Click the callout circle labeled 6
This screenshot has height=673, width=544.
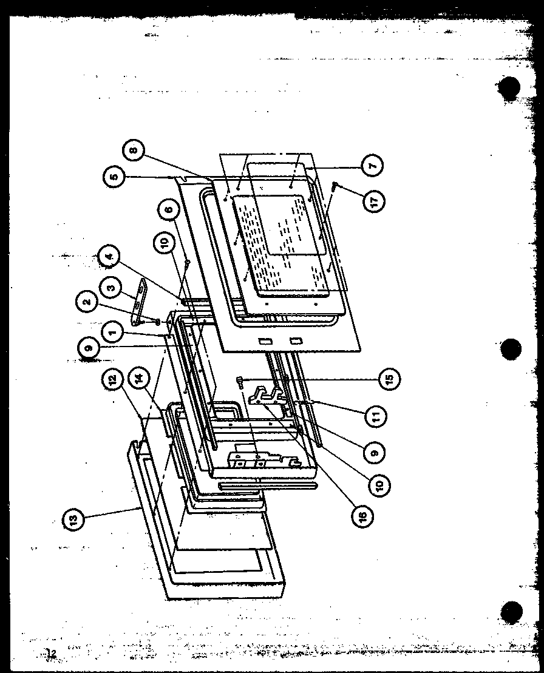(169, 210)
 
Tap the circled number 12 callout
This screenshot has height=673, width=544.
(109, 393)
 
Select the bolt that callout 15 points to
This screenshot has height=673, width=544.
(242, 381)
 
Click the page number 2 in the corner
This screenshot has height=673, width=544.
(53, 653)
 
